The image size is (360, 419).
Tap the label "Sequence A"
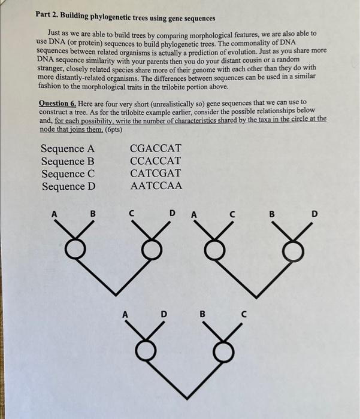68,148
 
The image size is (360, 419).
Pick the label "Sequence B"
68,161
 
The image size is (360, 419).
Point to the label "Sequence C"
68,174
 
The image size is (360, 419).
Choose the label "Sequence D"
68,186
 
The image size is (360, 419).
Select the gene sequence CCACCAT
155,161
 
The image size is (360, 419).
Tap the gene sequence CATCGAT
155,174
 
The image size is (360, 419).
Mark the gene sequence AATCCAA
155,186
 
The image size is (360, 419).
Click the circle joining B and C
223,348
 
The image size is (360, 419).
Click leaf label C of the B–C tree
243,313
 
